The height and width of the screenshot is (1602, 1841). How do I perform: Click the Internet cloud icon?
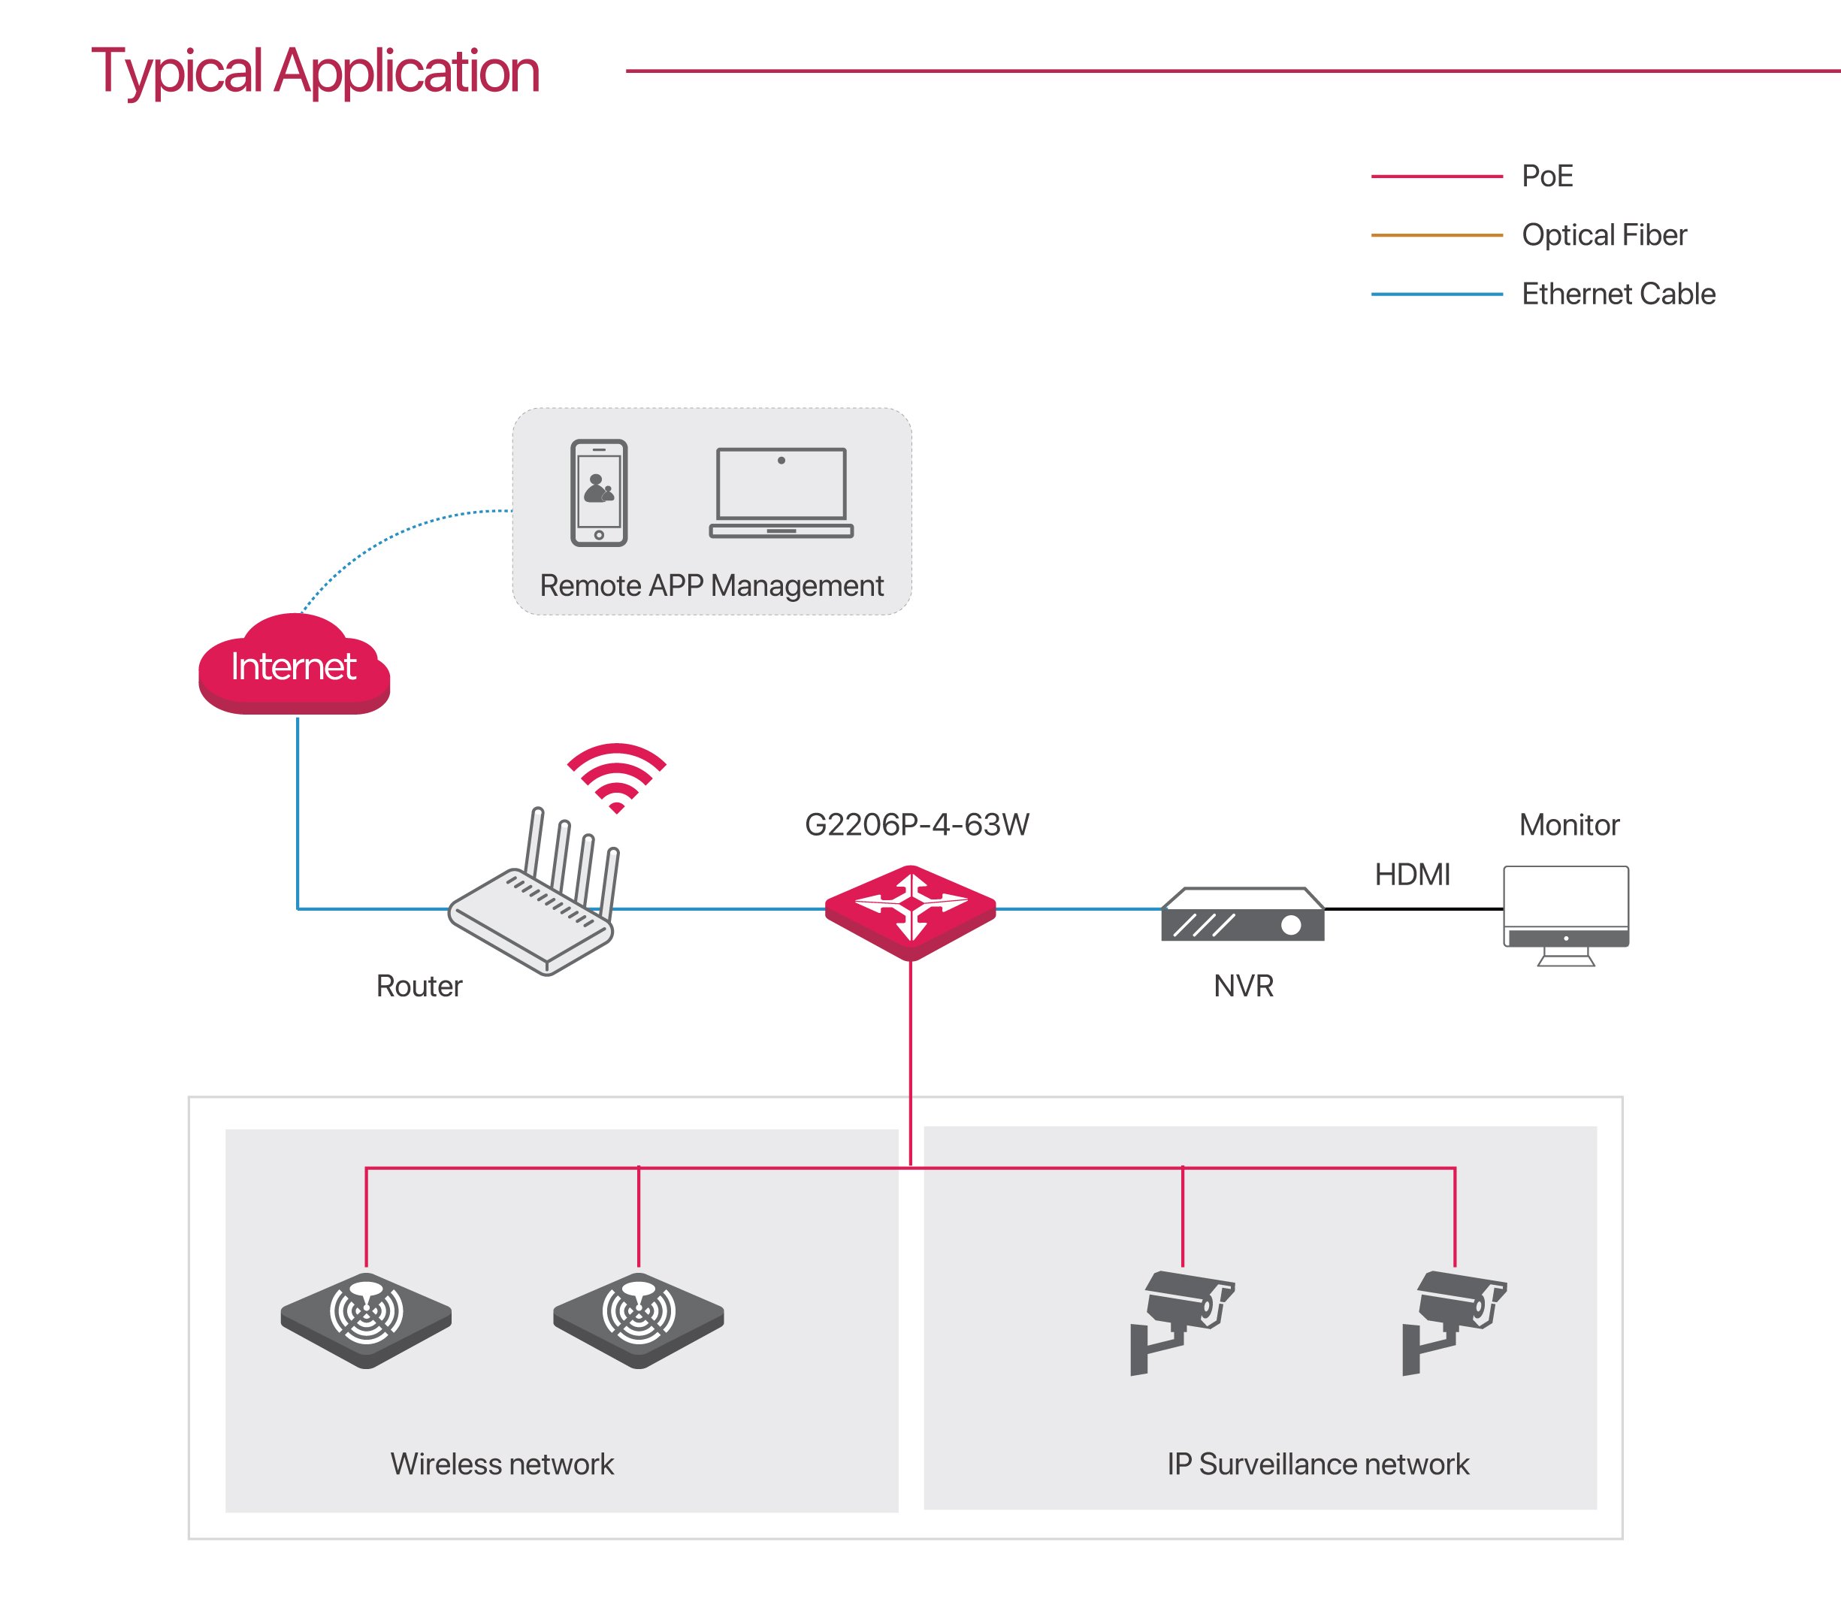pos(294,666)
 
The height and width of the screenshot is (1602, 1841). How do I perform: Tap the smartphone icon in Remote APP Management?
pos(598,493)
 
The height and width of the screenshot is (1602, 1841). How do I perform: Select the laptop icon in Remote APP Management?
pos(781,493)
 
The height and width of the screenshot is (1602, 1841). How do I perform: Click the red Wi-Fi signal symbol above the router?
pos(616,775)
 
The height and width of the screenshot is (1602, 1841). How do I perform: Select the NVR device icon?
pos(1242,915)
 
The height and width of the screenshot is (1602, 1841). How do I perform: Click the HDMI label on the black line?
pos(1412,875)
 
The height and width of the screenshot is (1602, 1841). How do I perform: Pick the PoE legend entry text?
pos(1547,176)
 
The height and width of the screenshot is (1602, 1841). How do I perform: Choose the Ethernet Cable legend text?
pos(1618,294)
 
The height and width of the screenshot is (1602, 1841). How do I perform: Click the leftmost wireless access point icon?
pos(366,1319)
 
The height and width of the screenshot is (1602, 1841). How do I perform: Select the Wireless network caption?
pos(502,1464)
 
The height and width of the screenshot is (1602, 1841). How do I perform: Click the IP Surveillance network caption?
pos(1317,1464)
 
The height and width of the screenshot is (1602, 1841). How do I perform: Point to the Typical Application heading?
pos(316,71)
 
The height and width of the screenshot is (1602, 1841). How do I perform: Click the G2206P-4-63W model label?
pos(917,824)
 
